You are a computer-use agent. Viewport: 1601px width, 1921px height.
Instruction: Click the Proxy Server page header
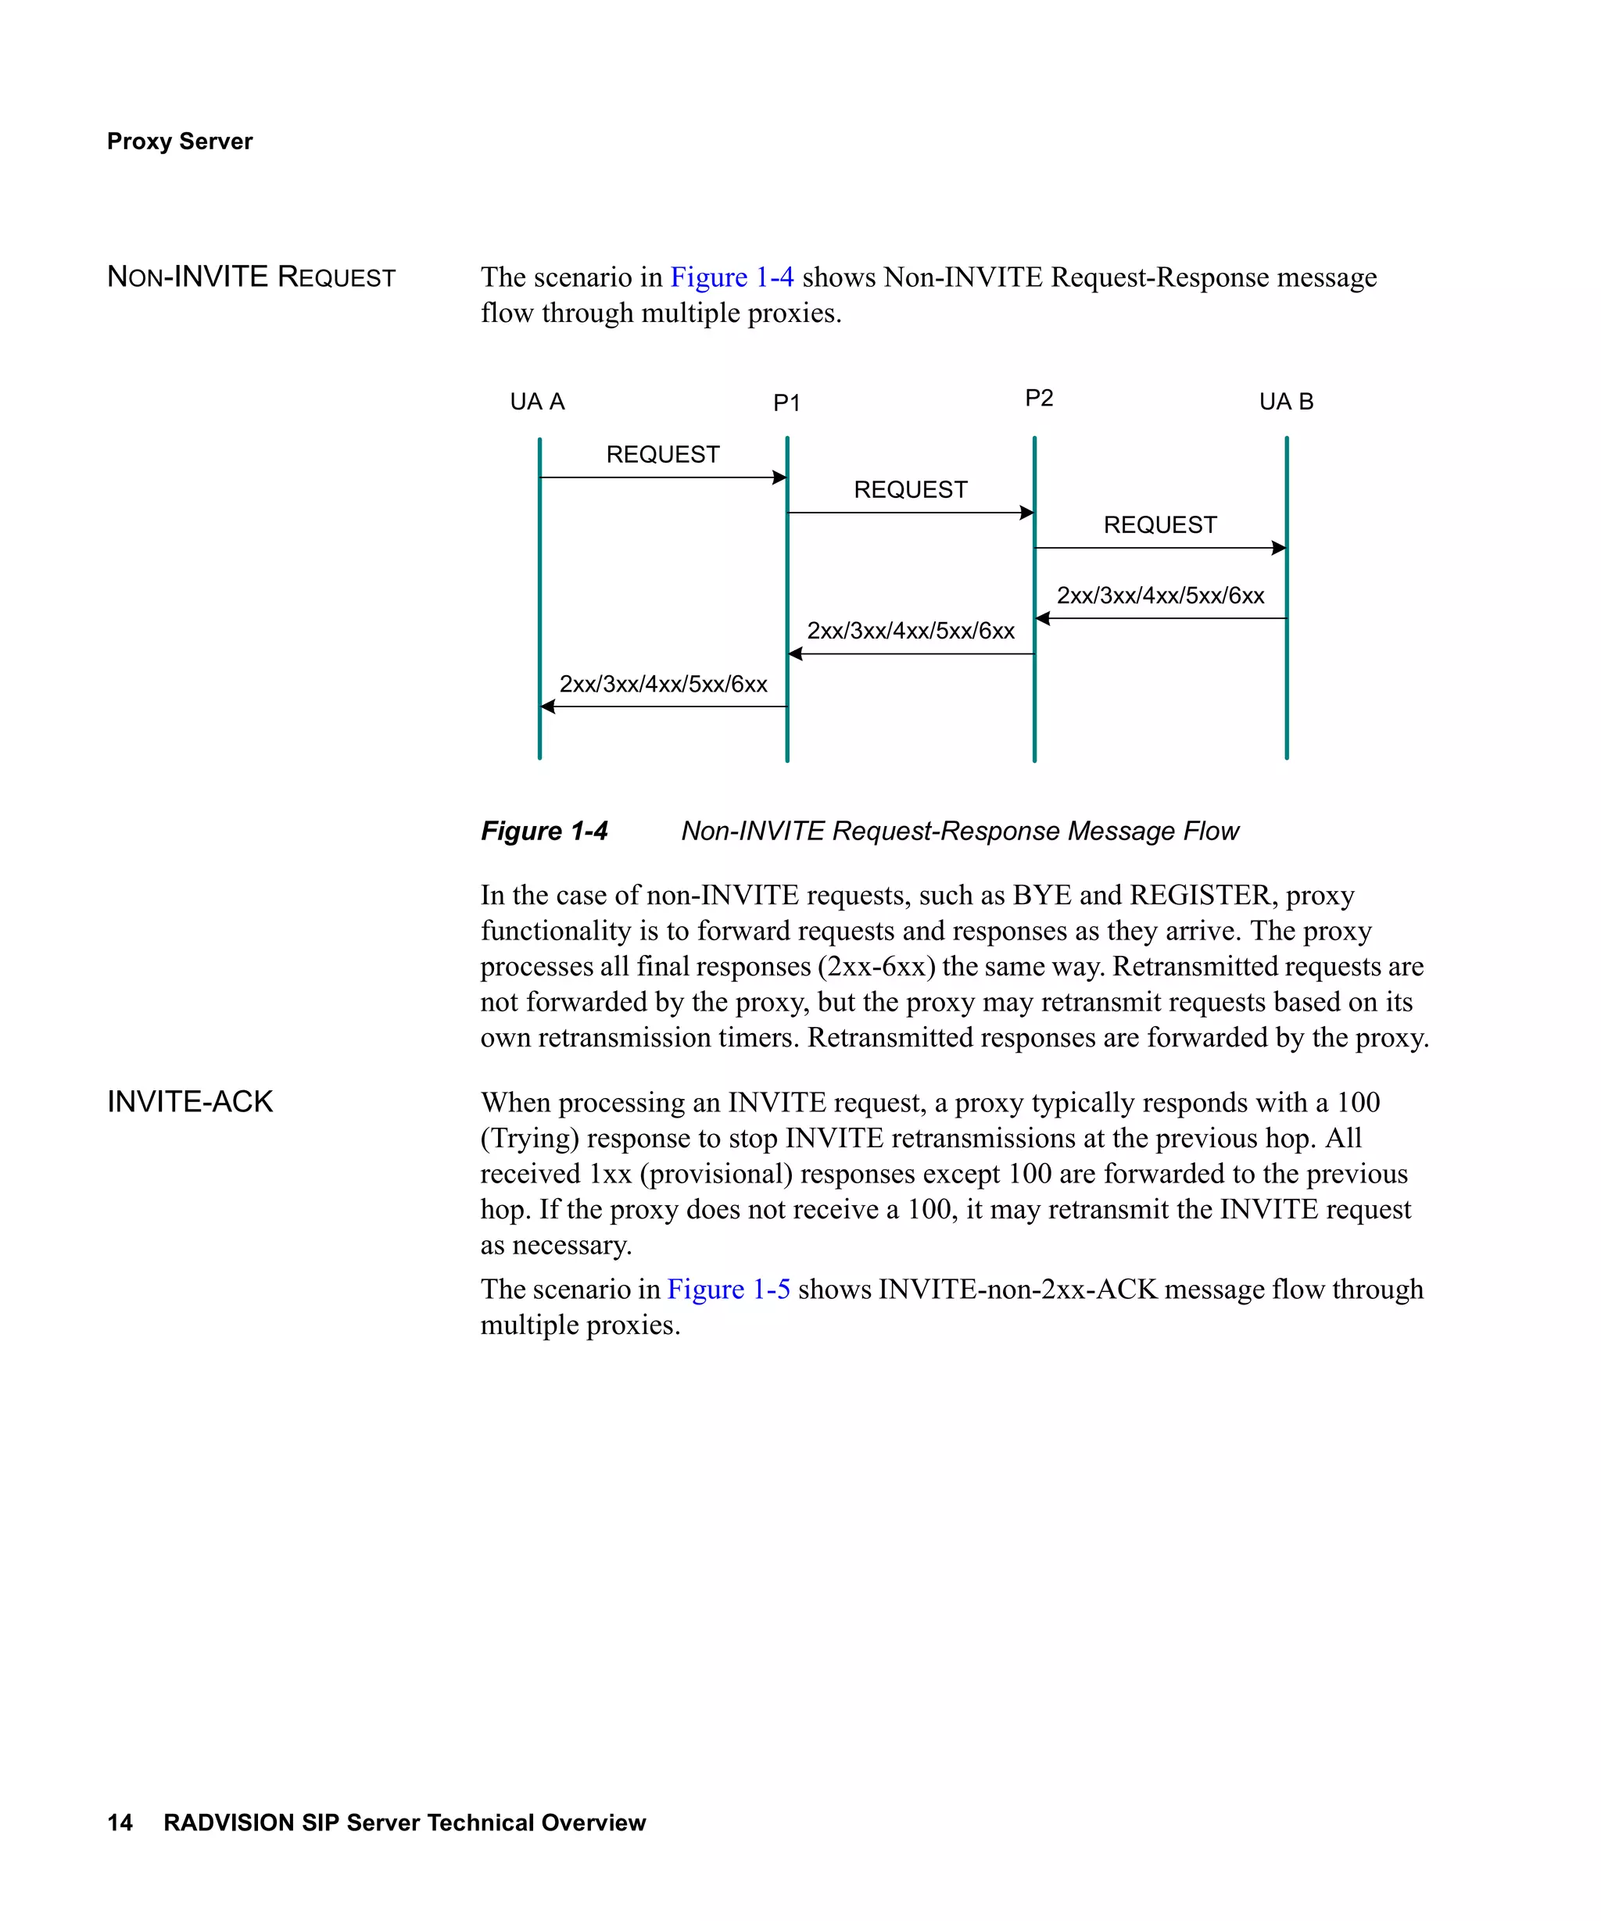click(179, 141)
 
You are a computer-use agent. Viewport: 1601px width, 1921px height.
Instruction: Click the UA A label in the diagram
click(537, 402)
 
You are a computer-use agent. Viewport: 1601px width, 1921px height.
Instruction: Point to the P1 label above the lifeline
click(786, 403)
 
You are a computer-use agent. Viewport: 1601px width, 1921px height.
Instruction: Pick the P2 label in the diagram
click(1038, 398)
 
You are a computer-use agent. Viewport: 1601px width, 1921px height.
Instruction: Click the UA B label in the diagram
click(1285, 402)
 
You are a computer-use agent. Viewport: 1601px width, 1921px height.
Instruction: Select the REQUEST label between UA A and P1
click(662, 455)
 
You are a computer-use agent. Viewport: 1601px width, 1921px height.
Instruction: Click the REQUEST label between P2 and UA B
click(1159, 525)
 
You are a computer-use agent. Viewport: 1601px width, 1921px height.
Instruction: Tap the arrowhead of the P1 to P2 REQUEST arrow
click(1027, 512)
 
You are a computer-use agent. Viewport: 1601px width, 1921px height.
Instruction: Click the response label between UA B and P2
click(1159, 596)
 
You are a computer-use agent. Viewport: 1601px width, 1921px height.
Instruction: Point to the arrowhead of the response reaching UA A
click(547, 707)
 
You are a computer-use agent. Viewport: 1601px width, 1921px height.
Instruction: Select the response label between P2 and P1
click(910, 630)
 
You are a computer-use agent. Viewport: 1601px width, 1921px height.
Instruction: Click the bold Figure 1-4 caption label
click(543, 831)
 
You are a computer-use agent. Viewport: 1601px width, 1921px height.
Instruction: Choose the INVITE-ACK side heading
click(189, 1101)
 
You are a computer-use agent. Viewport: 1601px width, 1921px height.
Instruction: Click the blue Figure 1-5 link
click(729, 1289)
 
